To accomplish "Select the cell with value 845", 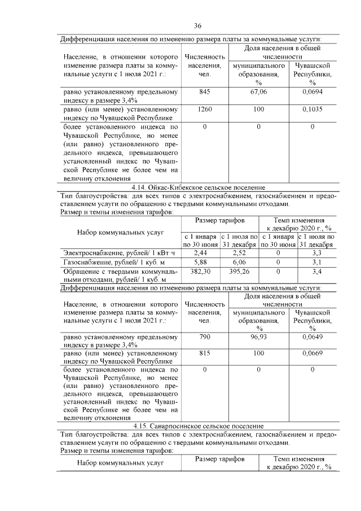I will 204,91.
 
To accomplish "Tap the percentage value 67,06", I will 258,91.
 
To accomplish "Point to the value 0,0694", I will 312,91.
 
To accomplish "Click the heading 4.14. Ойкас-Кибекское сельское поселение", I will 197,187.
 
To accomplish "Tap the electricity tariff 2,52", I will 240,253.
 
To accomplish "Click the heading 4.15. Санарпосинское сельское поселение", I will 197,425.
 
